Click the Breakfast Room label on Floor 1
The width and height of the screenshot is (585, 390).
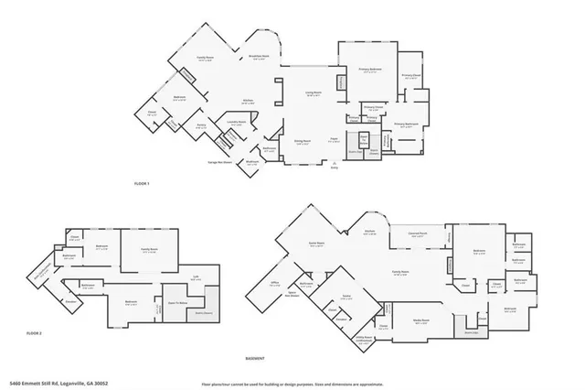click(x=259, y=57)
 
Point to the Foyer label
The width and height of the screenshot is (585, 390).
click(x=335, y=140)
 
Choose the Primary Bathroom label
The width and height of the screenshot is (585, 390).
click(x=406, y=124)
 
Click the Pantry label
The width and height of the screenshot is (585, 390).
click(x=201, y=126)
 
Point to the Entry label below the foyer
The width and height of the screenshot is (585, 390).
click(x=334, y=167)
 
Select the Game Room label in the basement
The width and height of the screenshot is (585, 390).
click(x=317, y=244)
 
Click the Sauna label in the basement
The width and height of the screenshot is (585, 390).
click(x=346, y=298)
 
